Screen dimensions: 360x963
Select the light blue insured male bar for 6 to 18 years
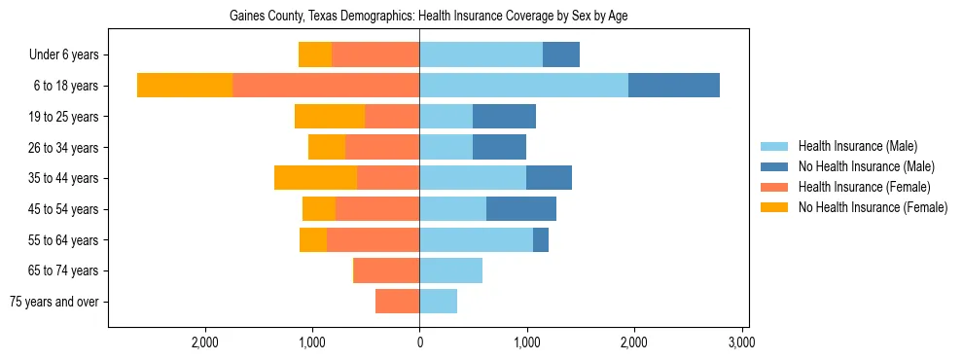[523, 86]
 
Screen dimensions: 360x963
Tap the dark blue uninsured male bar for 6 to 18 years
[673, 86]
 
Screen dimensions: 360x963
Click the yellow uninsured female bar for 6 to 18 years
[185, 86]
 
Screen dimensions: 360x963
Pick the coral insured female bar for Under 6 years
[375, 54]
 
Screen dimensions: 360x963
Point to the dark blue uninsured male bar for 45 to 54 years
[520, 209]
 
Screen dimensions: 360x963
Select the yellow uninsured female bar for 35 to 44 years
[315, 178]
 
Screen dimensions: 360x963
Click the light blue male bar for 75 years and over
[438, 302]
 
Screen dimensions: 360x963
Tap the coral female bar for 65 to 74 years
[387, 270]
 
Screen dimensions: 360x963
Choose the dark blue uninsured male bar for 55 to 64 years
[541, 239]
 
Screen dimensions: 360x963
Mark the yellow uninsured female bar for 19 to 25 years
[330, 117]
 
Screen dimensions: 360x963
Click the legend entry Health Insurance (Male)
[857, 146]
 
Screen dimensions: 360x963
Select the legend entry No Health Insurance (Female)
[873, 207]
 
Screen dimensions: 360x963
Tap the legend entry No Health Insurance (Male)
[866, 166]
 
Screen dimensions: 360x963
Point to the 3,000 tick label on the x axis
[742, 342]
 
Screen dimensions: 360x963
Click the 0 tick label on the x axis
[419, 342]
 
